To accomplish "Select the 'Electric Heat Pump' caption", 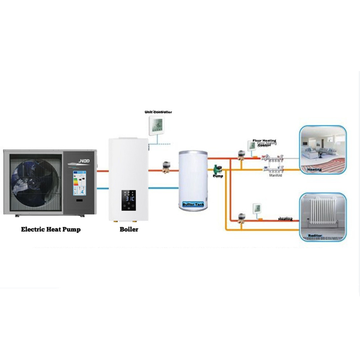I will click(51, 229).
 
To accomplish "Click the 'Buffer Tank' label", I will click(193, 204).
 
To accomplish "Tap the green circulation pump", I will click(217, 168).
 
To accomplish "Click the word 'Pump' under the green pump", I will click(218, 176).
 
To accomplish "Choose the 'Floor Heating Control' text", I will click(264, 142).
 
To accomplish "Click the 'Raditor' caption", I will click(315, 235).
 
